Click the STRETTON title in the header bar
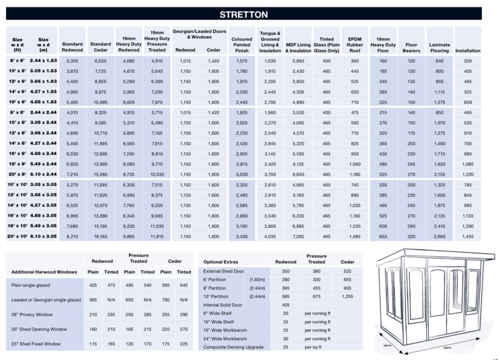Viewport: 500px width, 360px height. tap(244, 14)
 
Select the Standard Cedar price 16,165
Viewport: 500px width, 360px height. tap(101, 237)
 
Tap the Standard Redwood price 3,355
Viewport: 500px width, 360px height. tap(72, 61)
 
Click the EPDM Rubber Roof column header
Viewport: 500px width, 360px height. tap(354, 44)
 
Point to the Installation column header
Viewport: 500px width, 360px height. tap(468, 50)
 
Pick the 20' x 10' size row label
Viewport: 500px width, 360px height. tap(17, 237)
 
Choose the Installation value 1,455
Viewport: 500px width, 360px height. tap(468, 237)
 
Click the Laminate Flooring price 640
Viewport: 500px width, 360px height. tap(439, 61)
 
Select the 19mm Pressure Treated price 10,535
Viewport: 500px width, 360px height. tap(157, 174)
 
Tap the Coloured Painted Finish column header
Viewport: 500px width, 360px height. tap(242, 44)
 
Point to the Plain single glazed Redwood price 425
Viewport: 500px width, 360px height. tap(93, 285)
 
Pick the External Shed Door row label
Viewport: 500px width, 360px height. tap(224, 271)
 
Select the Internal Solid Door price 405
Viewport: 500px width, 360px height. tap(286, 305)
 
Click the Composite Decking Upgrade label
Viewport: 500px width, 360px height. tap(234, 347)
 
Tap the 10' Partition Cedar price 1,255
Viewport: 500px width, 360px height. tap(347, 297)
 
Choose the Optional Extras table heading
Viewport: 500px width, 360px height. tap(221, 262)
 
